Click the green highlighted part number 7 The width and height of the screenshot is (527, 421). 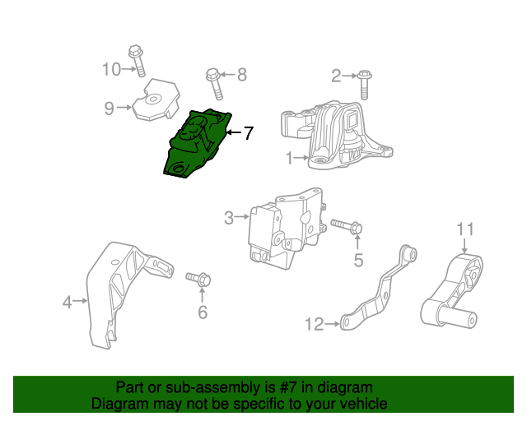tap(198, 143)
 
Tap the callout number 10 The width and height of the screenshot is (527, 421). tap(111, 69)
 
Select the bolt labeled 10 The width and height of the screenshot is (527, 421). tap(137, 60)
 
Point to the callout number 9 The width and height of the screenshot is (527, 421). tap(109, 106)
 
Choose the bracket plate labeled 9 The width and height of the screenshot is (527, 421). tap(156, 100)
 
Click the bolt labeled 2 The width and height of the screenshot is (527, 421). tap(365, 83)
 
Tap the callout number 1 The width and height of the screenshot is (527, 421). tap(289, 158)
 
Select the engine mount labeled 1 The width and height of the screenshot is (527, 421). tap(338, 136)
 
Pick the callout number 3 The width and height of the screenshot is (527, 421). tap(229, 218)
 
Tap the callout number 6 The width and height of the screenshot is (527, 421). tap(203, 312)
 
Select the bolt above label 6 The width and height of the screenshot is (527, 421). tap(198, 280)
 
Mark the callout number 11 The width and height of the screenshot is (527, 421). tap(465, 228)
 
